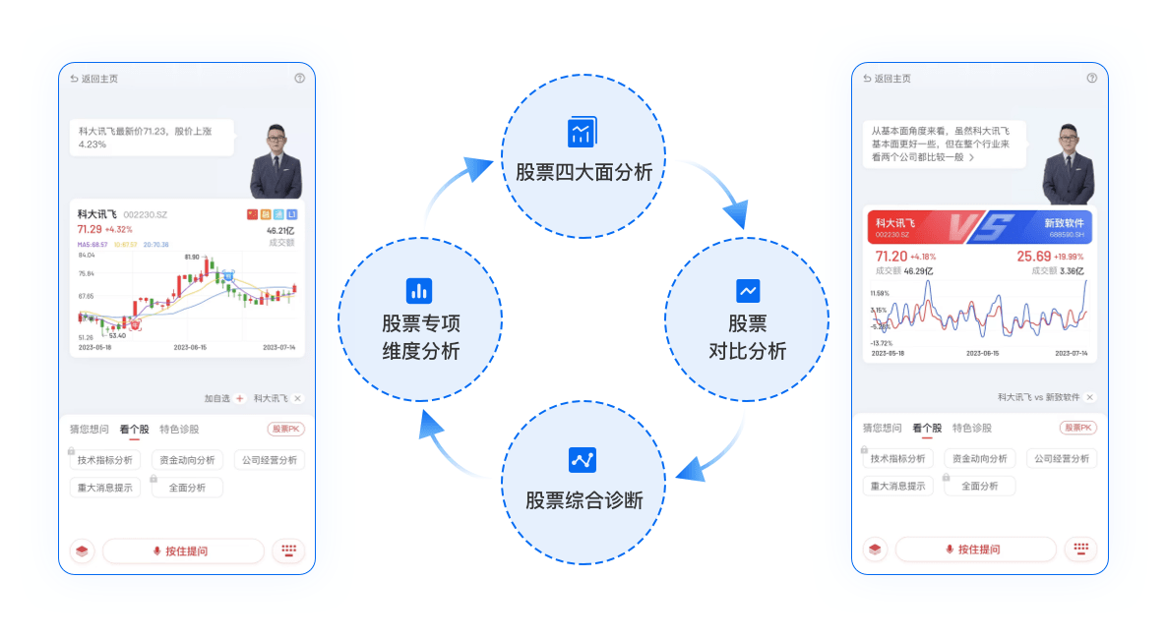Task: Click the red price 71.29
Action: tap(90, 230)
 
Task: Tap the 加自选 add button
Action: tap(239, 398)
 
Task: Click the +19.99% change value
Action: tap(1067, 259)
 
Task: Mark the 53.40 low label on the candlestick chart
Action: tap(116, 335)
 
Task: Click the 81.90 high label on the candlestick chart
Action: tap(192, 257)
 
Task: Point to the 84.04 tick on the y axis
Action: tap(87, 256)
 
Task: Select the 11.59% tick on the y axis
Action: tap(880, 293)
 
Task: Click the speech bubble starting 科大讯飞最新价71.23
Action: tap(152, 137)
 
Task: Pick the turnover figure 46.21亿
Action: tap(280, 230)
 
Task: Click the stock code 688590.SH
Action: tap(1068, 235)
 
